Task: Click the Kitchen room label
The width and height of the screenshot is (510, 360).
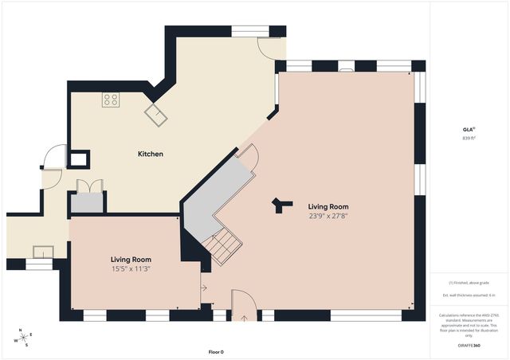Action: tap(151, 154)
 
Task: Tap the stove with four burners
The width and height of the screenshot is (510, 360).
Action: tap(111, 100)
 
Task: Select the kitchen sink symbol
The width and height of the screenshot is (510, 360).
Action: tap(155, 115)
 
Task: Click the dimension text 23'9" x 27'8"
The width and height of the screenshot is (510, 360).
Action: tap(329, 216)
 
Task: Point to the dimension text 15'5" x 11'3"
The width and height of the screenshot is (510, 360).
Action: tap(131, 268)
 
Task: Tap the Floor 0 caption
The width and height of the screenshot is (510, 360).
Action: tap(216, 351)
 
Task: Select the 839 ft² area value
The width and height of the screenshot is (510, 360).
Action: tap(469, 138)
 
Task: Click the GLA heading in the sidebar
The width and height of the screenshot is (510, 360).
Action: tap(469, 128)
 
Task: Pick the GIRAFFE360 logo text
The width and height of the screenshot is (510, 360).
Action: tap(469, 346)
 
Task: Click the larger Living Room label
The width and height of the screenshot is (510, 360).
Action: tap(329, 206)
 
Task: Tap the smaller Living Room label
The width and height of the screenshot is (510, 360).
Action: tap(131, 260)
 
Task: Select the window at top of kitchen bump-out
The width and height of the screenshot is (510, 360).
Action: tap(249, 32)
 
